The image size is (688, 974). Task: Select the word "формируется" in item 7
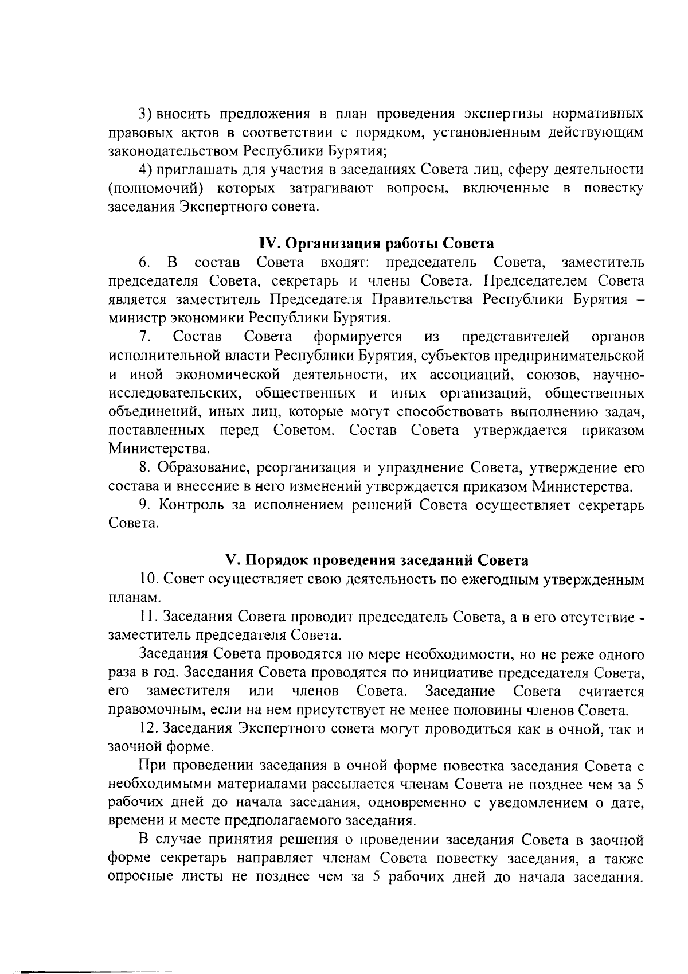coord(358,336)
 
